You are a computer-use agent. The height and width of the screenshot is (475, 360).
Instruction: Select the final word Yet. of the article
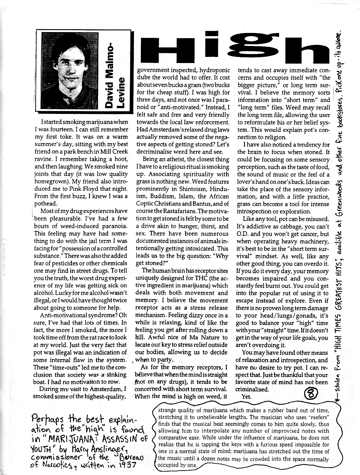tap(247, 397)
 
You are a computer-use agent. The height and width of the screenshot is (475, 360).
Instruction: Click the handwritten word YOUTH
tap(48, 450)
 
